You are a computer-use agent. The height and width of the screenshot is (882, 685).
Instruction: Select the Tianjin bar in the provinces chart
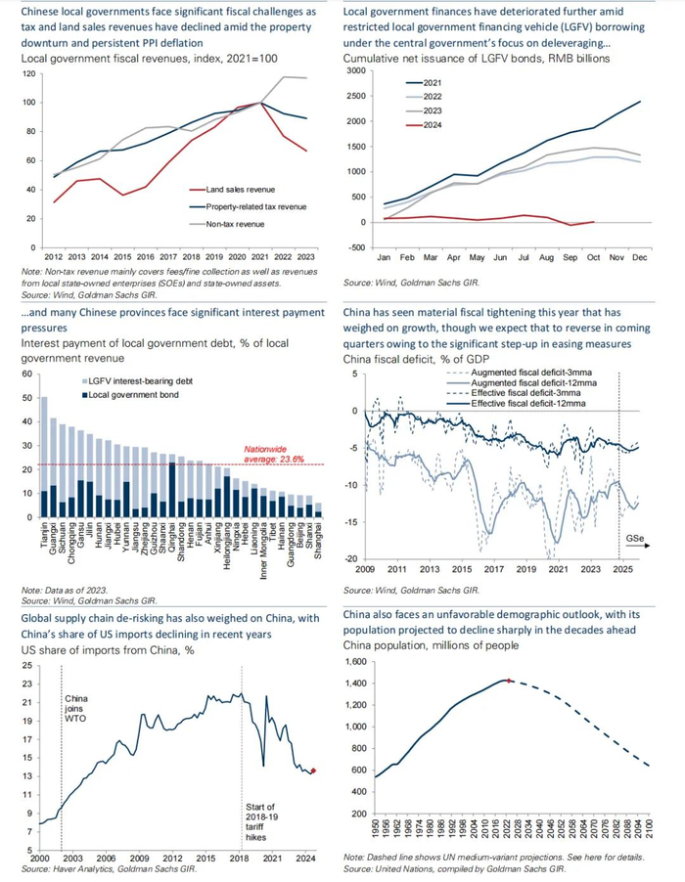(x=44, y=455)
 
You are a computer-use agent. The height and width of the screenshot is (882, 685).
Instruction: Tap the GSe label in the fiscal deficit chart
(x=635, y=539)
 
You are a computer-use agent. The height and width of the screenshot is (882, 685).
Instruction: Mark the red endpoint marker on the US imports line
(x=314, y=771)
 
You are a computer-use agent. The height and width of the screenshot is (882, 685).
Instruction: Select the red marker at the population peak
(x=510, y=679)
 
